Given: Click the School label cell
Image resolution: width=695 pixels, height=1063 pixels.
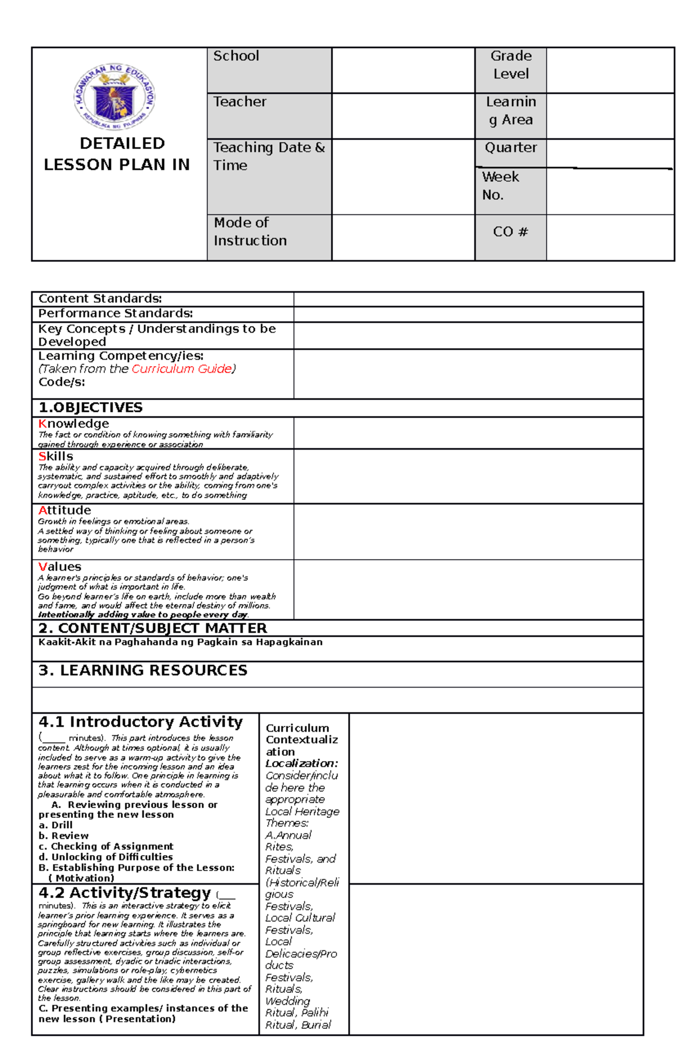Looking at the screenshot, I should [236, 56].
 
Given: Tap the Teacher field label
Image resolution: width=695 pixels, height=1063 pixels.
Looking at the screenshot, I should [239, 102].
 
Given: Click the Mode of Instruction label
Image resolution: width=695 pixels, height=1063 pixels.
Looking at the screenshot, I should [250, 231].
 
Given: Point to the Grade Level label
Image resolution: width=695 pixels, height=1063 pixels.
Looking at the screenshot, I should [510, 65].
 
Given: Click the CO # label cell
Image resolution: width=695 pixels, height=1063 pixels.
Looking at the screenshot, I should [510, 232].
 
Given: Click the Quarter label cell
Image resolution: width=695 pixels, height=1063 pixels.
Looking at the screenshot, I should [510, 148].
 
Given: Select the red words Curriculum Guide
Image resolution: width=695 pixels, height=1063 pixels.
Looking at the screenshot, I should [181, 369].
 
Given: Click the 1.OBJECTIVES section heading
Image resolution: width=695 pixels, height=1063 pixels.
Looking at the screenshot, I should [90, 408].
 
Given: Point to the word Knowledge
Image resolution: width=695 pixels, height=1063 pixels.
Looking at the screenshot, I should [74, 423].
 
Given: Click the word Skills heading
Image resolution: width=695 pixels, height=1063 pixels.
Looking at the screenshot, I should [56, 456].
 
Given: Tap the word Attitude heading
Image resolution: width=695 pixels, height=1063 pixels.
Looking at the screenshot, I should [64, 510].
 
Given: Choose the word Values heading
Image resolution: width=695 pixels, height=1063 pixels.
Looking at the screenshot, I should [60, 567].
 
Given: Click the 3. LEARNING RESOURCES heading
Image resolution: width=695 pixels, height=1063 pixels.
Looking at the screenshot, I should [142, 670].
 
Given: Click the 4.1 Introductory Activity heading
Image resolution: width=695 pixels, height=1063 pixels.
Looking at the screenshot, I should [140, 722].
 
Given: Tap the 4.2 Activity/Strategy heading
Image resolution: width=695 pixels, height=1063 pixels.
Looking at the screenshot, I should [125, 893].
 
